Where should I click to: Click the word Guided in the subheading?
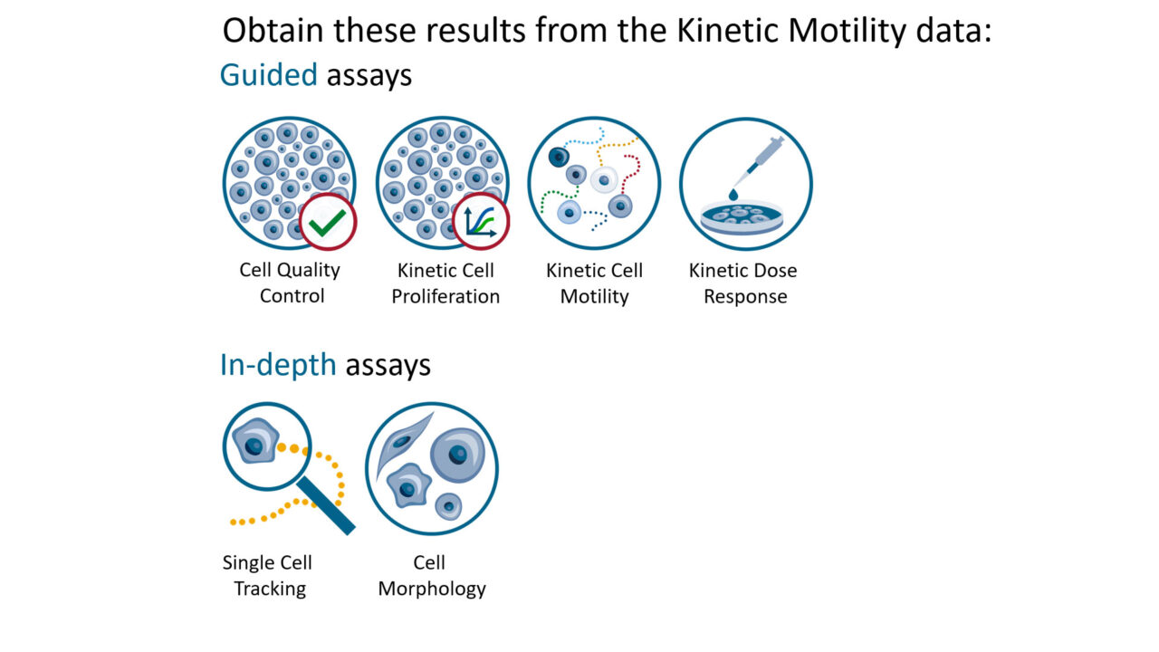[x=268, y=75]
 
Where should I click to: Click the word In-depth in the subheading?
[x=278, y=365]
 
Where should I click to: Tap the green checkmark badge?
[x=328, y=221]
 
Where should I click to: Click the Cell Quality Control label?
[x=290, y=283]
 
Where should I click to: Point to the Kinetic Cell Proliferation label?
[x=445, y=283]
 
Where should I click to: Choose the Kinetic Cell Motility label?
[x=594, y=283]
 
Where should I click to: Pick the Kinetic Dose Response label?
[x=744, y=283]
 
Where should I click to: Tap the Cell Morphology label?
[x=432, y=575]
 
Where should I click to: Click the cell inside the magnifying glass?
[x=254, y=444]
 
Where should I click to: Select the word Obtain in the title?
[x=274, y=31]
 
